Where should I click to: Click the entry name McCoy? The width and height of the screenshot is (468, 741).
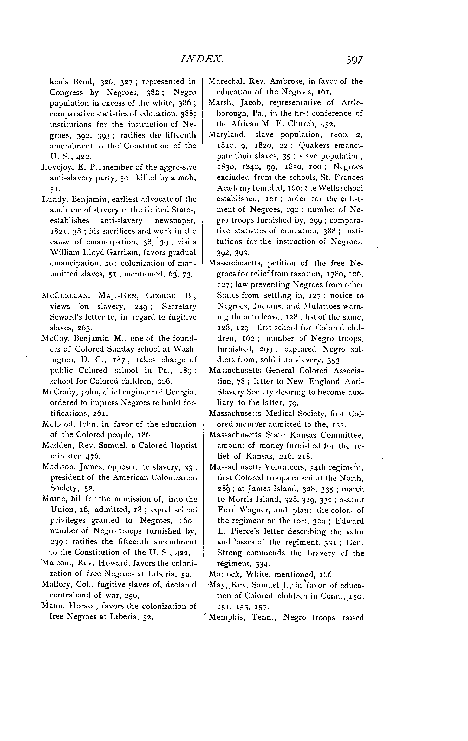(52, 339)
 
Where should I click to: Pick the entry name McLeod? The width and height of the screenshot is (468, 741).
(54, 424)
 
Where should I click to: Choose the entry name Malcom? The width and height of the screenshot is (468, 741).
(53, 563)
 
